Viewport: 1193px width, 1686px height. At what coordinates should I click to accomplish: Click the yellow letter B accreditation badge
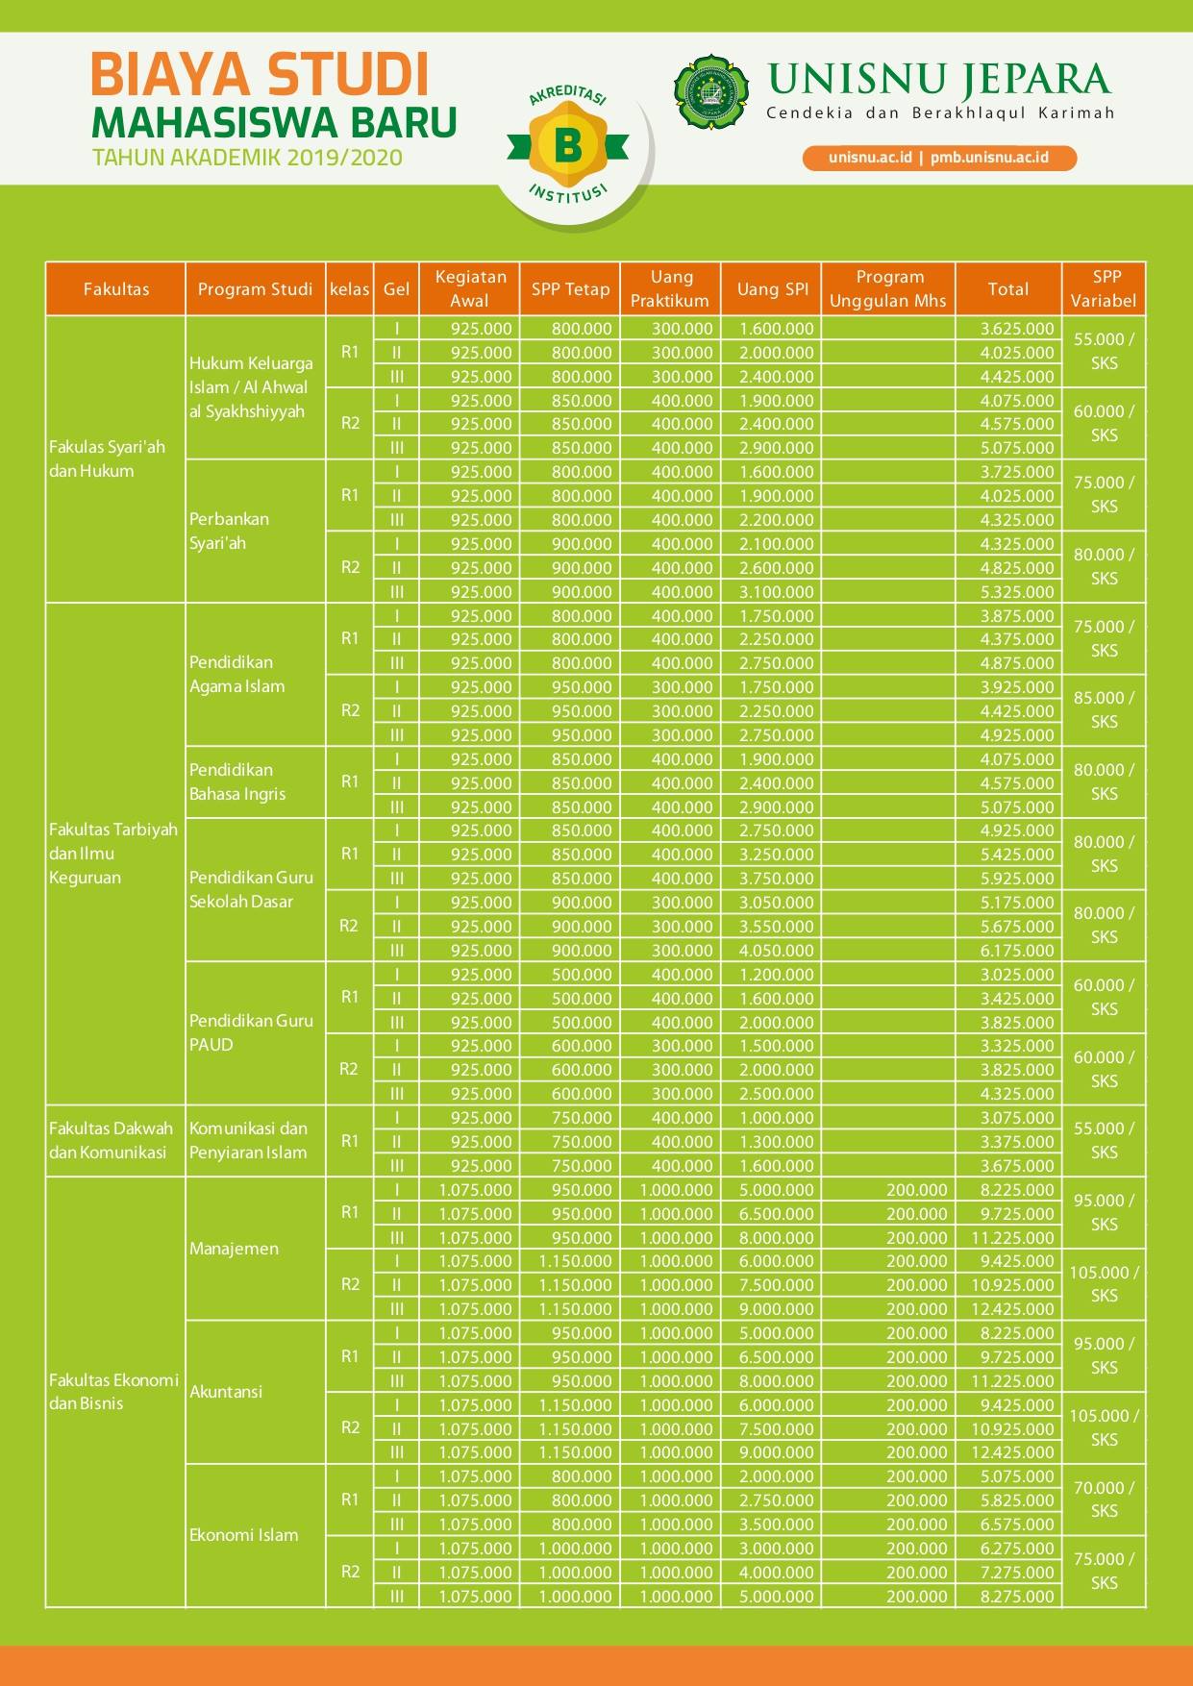coord(567,146)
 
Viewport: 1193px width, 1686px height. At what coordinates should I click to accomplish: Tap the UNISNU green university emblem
coord(712,91)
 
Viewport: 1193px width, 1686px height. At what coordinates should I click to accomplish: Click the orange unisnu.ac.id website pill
coord(939,158)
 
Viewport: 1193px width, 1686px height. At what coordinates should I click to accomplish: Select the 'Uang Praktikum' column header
coord(671,288)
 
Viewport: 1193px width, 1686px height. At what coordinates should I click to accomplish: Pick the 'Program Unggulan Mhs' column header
coord(888,288)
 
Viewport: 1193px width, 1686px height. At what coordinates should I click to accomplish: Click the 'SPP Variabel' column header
coord(1105,288)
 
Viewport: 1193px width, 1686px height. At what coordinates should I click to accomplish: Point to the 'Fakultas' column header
coord(115,288)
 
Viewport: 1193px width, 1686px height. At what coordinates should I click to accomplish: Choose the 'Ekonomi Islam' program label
coord(243,1534)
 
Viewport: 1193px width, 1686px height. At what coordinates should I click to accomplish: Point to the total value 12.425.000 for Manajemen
coord(1012,1308)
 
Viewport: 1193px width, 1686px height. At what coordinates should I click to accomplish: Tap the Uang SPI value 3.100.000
coord(776,591)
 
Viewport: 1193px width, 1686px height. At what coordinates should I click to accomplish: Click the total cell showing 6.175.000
coord(1017,950)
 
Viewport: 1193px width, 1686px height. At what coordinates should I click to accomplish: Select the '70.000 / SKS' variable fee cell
coord(1105,1499)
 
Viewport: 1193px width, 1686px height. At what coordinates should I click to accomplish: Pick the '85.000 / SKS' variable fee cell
coord(1105,709)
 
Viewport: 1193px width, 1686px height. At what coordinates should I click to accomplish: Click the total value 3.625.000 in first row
coord(1017,328)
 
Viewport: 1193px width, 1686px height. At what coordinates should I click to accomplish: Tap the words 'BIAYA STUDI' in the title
coord(260,74)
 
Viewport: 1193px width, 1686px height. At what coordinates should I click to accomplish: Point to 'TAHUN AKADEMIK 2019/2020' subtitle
coord(247,158)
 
